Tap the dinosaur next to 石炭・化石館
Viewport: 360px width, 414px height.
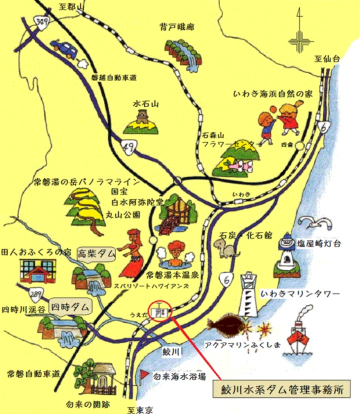[x=220, y=244]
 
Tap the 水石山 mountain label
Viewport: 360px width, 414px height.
[x=145, y=104]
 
